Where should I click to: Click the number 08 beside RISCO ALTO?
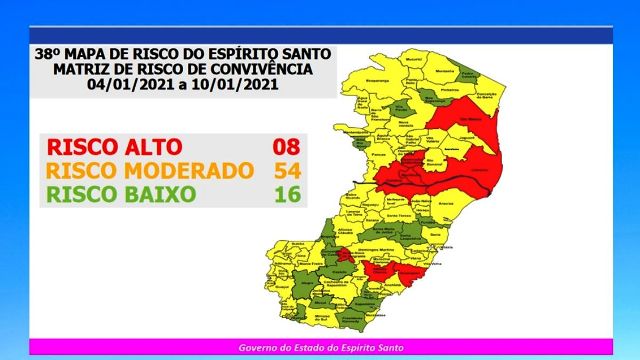pos(287,148)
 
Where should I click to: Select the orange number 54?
pos(287,170)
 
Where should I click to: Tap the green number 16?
pos(287,192)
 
